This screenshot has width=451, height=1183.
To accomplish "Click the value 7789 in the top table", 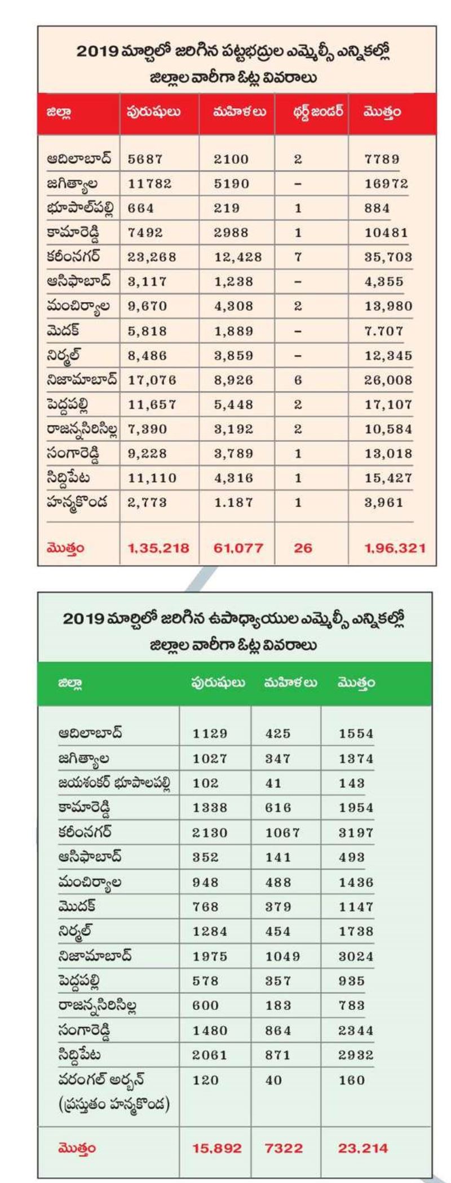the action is coord(382,159).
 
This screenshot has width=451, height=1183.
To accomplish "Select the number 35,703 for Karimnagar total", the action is coord(388,258).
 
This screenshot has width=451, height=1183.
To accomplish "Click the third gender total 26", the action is coord(303,548).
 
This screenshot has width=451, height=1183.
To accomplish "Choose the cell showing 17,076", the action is coord(152,380).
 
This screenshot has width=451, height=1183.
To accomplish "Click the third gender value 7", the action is coord(298,258).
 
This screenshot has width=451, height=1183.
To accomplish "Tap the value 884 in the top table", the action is coord(377,209).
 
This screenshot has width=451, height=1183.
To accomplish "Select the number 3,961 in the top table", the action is coord(384,503).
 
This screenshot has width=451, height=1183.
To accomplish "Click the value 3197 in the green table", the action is coord(356,832).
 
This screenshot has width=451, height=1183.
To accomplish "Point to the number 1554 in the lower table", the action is coord(356,734).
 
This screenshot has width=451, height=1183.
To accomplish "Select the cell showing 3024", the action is coord(356,956).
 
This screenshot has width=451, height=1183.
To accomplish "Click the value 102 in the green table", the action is coord(205,783).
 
